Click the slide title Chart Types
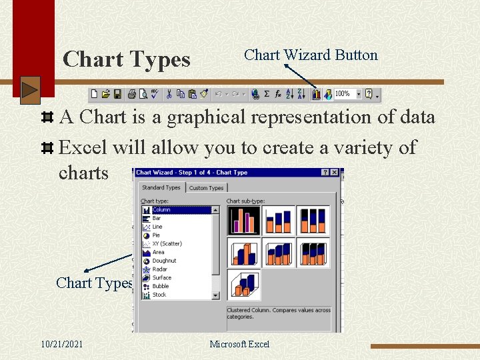tap(126, 60)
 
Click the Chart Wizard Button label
tap(311, 55)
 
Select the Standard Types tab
tap(161, 188)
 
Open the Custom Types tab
tap(206, 188)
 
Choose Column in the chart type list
tap(161, 209)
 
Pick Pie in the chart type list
tap(156, 235)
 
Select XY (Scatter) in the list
tap(167, 244)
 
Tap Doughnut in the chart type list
tap(164, 261)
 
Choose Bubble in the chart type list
tap(160, 286)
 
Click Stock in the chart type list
tap(159, 295)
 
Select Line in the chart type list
tap(157, 227)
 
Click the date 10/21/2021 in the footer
tap(61, 344)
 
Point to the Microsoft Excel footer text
tap(239, 344)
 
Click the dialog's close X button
tap(335, 173)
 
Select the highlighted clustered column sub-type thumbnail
tap(243, 220)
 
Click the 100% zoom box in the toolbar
tap(343, 94)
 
